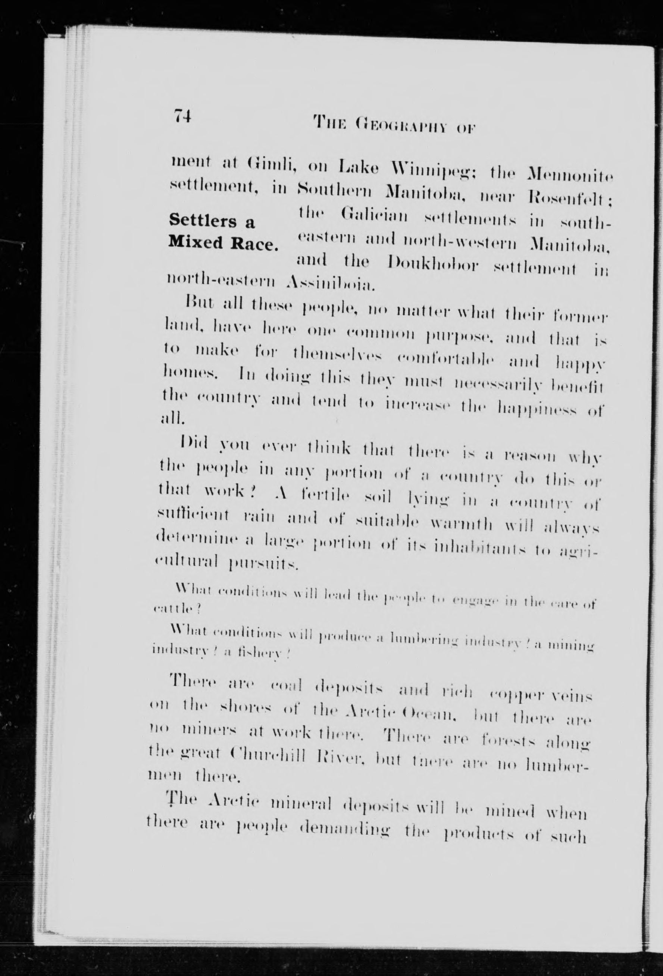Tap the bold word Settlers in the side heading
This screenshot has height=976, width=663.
[x=204, y=221]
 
